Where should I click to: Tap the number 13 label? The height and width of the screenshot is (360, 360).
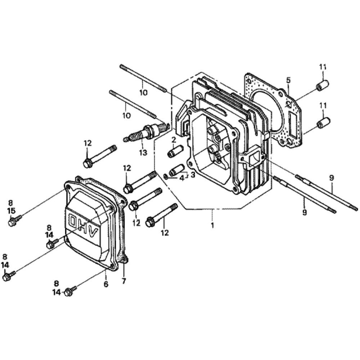pos(143,152)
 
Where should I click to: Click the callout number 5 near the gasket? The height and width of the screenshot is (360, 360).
pos(288,80)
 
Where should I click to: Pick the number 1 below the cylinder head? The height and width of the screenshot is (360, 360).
pos(213,225)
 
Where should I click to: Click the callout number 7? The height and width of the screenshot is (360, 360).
pos(124,281)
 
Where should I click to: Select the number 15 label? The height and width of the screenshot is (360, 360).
pos(12,211)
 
